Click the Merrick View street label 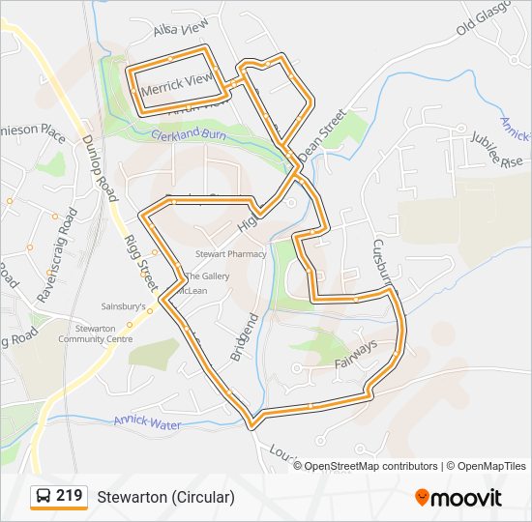(176, 86)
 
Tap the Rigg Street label (140, 260)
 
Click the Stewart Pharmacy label (230, 254)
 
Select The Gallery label (208, 276)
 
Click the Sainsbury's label (124, 306)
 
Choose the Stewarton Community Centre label (95, 333)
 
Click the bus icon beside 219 (43, 497)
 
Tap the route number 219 (70, 496)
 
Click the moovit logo (458, 498)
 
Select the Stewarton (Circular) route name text (165, 498)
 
